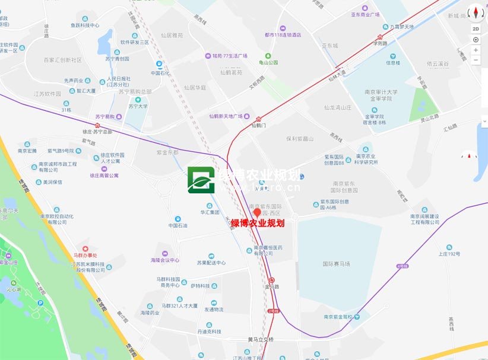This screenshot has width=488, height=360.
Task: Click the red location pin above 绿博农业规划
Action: [257, 212]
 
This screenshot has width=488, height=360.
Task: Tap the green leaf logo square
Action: [201, 180]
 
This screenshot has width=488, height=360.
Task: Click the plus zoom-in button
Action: [476, 50]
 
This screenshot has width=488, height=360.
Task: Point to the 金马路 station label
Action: [273, 286]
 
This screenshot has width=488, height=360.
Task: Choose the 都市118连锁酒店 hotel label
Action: [283, 35]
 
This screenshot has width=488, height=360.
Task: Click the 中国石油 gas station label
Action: [178, 226]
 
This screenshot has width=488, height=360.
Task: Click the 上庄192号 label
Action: [449, 254]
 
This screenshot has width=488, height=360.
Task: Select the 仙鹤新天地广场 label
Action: [235, 116]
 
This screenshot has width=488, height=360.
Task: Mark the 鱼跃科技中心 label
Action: [85, 26]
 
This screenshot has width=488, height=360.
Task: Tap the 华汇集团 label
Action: [210, 212]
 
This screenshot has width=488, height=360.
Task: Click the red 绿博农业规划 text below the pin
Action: [258, 223]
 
